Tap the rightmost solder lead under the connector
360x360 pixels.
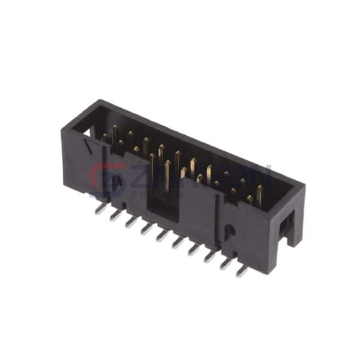tap(242, 271)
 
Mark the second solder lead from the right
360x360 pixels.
tap(227, 264)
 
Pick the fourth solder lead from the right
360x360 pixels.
tap(194, 250)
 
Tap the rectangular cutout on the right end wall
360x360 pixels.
tap(286, 227)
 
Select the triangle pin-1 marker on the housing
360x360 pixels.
tap(89, 148)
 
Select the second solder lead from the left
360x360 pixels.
tap(115, 214)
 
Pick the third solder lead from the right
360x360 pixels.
tap(211, 257)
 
